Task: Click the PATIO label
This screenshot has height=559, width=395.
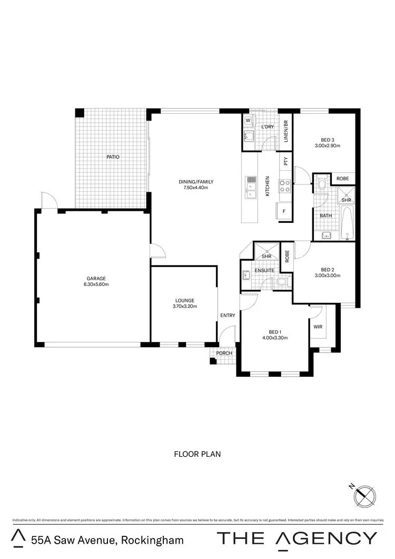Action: point(112,157)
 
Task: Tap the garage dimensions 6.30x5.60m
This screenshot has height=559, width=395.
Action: point(97,285)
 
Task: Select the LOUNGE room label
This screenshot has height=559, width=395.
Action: point(183,300)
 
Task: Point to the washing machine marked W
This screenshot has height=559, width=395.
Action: point(248,121)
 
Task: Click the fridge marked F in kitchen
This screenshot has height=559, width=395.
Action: point(284,211)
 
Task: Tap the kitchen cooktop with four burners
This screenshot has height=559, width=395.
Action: point(284,185)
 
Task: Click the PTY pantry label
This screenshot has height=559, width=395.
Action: point(285,162)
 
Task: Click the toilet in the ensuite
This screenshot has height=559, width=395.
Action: point(282,282)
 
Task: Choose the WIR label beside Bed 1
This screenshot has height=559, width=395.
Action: point(318,327)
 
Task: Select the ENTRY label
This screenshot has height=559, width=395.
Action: point(228,316)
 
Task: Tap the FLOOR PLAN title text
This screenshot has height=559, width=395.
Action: point(197,453)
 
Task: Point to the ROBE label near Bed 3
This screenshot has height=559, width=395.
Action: point(342,179)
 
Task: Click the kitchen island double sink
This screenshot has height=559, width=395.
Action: point(251,185)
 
